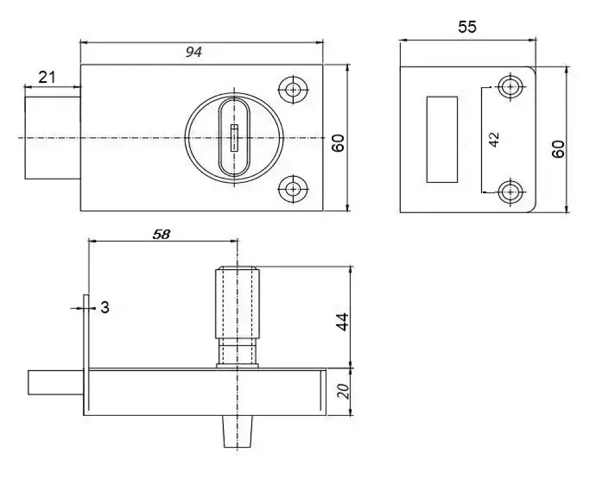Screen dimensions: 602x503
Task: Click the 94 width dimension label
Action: coord(193,52)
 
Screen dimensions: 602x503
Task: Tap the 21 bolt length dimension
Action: coord(47,77)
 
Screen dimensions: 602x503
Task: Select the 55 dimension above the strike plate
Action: coord(467,27)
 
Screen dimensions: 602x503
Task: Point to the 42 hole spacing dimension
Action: coord(494,139)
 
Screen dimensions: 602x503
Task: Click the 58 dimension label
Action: coord(161,234)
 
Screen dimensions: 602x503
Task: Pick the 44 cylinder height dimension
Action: coord(342,321)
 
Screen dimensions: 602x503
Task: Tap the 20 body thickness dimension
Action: coord(344,391)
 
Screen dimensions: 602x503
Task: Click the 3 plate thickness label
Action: coord(105,307)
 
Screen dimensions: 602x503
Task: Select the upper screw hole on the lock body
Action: coord(293,90)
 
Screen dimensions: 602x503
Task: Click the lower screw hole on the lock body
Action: coord(293,189)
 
